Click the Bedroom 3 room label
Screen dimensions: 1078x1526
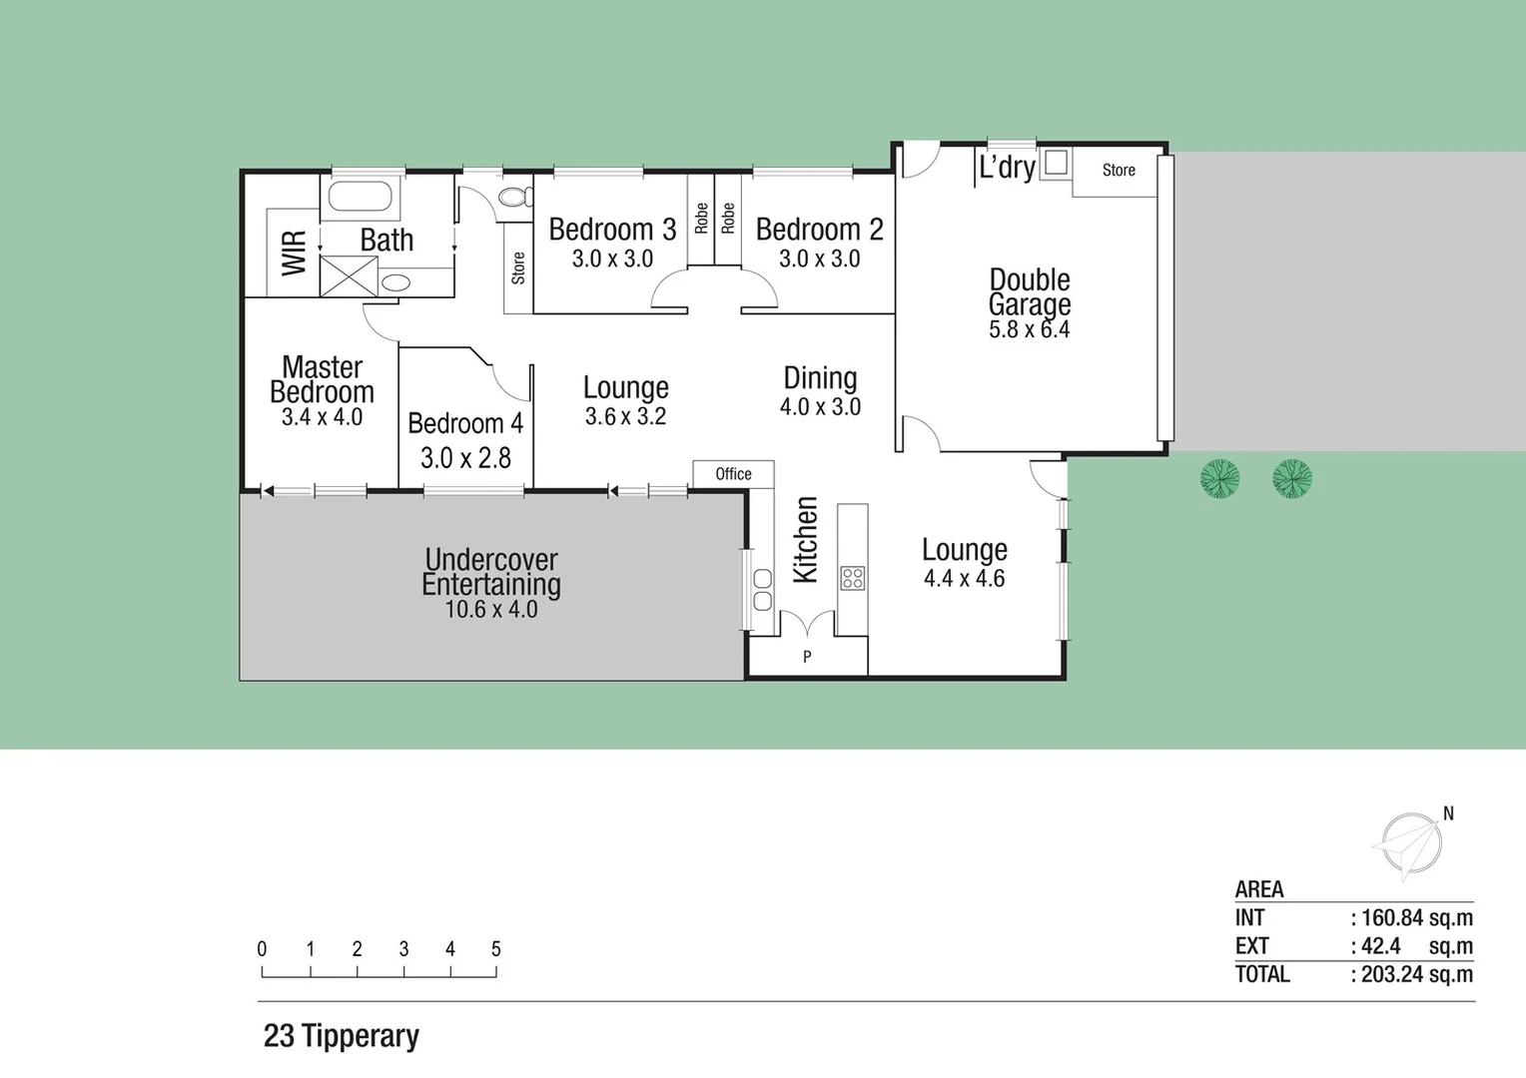(612, 230)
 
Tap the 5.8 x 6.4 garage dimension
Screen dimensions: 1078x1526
(1029, 329)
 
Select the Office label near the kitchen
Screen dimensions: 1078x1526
(733, 474)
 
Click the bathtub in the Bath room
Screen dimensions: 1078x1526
(360, 197)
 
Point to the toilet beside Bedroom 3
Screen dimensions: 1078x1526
(515, 197)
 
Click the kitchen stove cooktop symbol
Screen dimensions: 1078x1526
(852, 578)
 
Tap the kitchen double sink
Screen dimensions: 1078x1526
(762, 589)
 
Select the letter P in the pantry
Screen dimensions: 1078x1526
(807, 657)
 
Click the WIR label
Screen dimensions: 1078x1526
(294, 254)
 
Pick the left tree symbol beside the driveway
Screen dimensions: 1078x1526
(1219, 479)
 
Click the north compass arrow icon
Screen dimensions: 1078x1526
(1410, 844)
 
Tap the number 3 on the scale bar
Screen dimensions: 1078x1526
(403, 949)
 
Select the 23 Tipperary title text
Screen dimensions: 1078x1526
(341, 1036)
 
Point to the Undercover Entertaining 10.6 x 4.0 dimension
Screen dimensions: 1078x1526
(490, 610)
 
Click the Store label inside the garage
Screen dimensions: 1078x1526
(1119, 171)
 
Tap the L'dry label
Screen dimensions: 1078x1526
(1007, 167)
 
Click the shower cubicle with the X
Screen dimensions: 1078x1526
(349, 275)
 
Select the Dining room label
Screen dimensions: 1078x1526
(820, 378)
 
